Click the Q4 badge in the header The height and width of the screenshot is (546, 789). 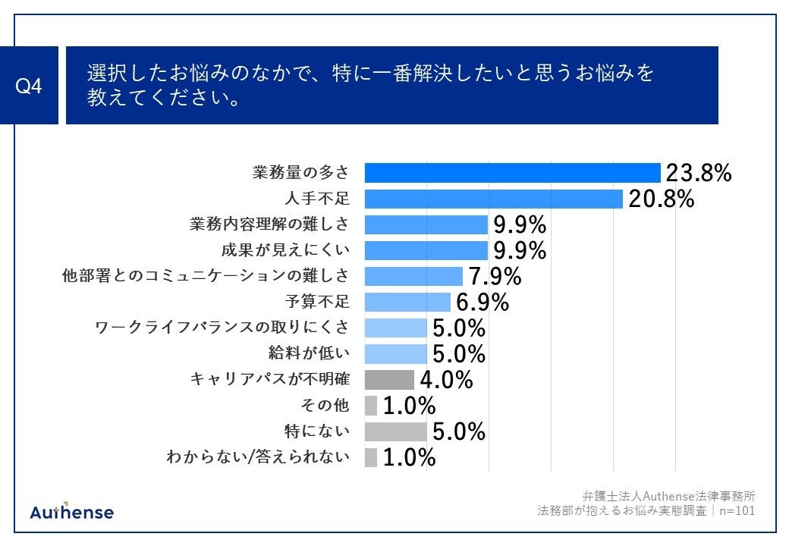click(29, 86)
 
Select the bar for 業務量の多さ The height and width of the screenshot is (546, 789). click(512, 173)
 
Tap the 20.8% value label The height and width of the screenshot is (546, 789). click(661, 199)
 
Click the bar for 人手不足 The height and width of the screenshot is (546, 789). click(493, 199)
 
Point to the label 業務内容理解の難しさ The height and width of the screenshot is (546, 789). click(269, 224)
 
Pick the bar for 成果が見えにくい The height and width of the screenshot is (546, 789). click(426, 250)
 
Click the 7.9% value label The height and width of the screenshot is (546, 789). click(495, 276)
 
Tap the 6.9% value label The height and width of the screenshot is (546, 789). click(483, 302)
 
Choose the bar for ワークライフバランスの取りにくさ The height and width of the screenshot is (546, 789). click(395, 328)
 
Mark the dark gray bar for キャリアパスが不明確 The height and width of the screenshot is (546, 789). click(389, 379)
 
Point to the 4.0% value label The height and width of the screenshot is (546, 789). click(447, 379)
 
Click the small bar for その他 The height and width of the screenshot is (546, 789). click(371, 405)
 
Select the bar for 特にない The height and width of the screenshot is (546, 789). click(395, 431)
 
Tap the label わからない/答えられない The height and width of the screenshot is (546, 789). click(258, 457)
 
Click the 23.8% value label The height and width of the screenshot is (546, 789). click(698, 173)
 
